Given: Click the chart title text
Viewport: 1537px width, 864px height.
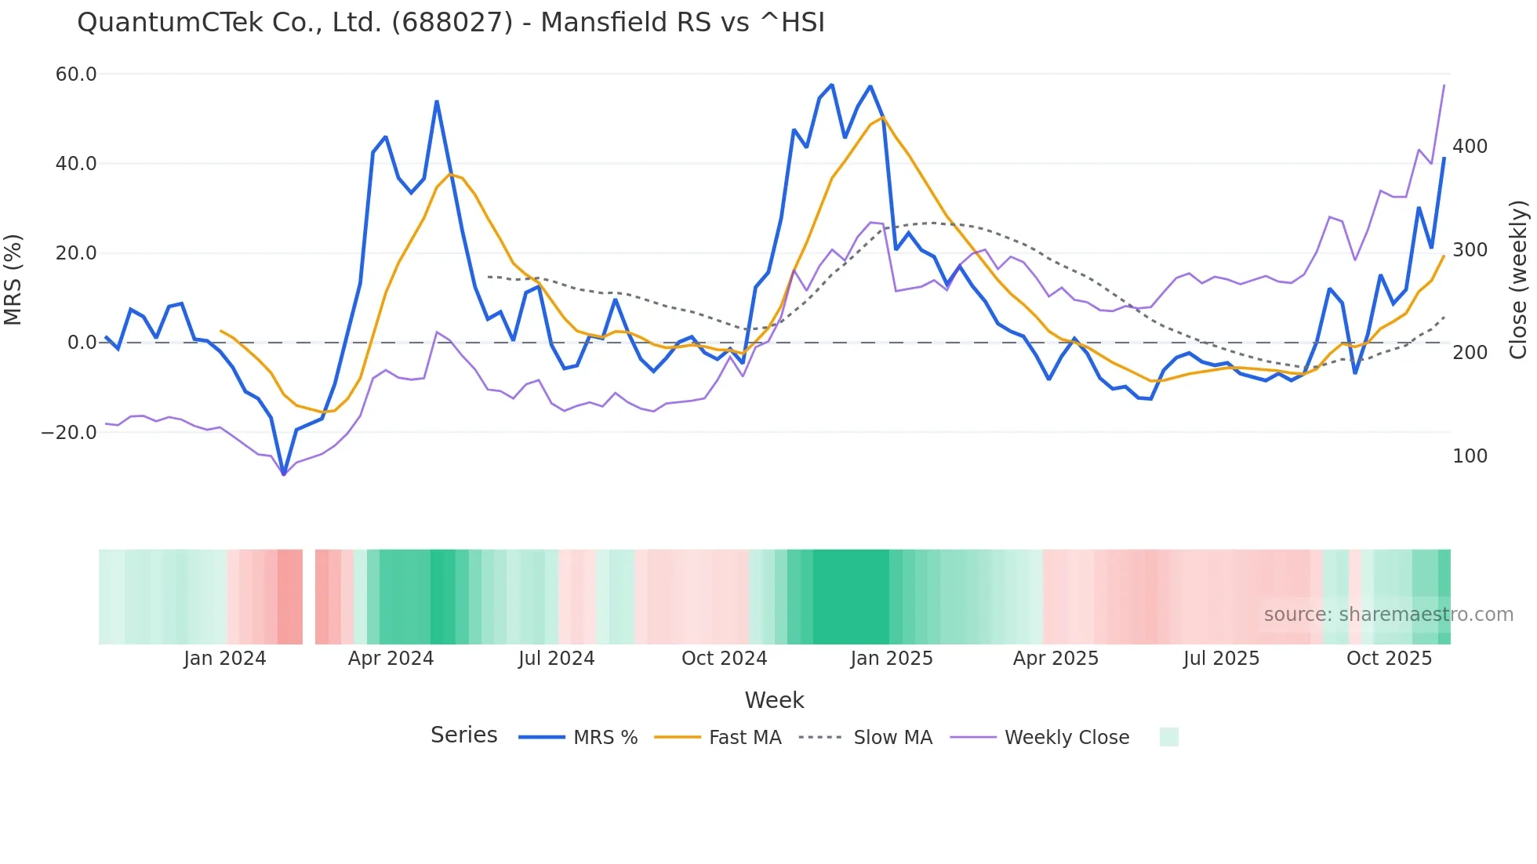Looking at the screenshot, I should (x=451, y=23).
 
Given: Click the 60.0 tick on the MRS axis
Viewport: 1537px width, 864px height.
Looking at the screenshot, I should (x=76, y=74).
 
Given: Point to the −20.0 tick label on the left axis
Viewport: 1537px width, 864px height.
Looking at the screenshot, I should (x=69, y=432).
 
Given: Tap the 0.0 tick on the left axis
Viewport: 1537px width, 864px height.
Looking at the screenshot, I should (x=82, y=343).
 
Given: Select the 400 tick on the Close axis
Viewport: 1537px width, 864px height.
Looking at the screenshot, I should (x=1470, y=147).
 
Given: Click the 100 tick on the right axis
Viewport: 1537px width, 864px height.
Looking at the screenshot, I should (x=1470, y=456).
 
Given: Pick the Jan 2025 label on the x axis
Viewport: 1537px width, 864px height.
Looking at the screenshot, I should (x=892, y=659).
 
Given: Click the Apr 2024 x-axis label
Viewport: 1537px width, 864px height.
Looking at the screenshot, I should (x=391, y=659).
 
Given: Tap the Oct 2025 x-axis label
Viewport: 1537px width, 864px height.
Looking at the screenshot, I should (x=1389, y=659).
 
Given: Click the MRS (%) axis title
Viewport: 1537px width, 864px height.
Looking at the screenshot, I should (x=13, y=279).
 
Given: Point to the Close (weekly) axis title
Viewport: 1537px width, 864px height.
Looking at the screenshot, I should (x=1519, y=280).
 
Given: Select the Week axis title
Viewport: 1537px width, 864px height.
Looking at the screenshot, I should (x=774, y=700).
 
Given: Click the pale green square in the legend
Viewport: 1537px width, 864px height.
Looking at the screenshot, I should (x=1168, y=737).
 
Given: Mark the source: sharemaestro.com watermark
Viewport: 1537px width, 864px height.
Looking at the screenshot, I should (x=1388, y=615).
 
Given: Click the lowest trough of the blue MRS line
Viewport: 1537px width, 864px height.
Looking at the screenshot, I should (x=284, y=474).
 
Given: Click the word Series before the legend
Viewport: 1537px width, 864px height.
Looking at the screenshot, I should (x=463, y=735).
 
